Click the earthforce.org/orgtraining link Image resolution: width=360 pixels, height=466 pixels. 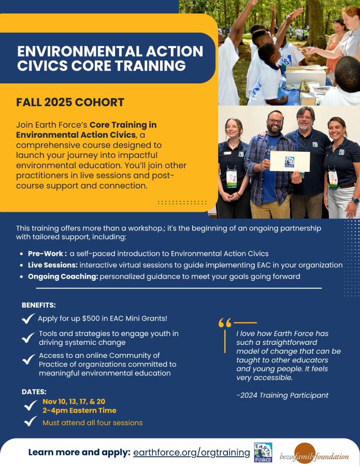pyautogui.click(x=192, y=452)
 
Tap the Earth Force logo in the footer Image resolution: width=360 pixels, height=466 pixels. pyautogui.click(x=263, y=453)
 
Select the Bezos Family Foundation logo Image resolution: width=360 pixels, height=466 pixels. pyautogui.click(x=315, y=454)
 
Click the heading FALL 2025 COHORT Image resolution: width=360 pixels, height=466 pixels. pyautogui.click(x=70, y=102)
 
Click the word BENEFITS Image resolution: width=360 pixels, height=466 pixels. pyautogui.click(x=39, y=305)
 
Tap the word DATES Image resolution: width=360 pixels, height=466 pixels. pyautogui.click(x=34, y=391)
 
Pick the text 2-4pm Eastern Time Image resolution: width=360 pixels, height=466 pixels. pyautogui.click(x=79, y=410)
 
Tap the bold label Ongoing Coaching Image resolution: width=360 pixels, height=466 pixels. pyautogui.click(x=63, y=276)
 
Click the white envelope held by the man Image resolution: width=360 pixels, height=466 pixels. pyautogui.click(x=290, y=161)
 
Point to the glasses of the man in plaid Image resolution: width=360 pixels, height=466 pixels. pyautogui.click(x=276, y=123)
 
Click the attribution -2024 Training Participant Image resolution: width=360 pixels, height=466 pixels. pyautogui.click(x=282, y=395)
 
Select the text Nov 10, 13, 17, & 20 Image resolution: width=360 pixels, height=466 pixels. pyautogui.click(x=74, y=401)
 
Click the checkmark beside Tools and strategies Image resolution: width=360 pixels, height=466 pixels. pyautogui.click(x=28, y=338)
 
